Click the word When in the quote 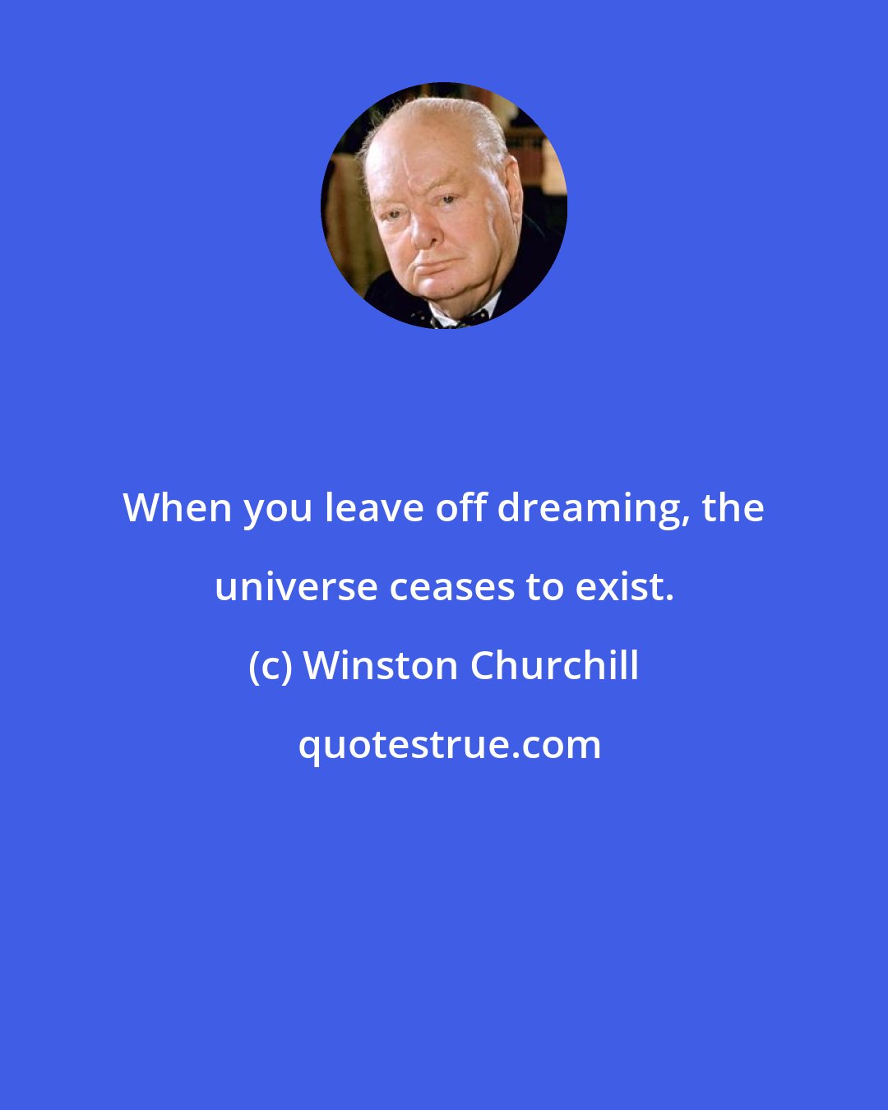(178, 508)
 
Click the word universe (296, 587)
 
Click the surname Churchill (554, 666)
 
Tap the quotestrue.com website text (449, 745)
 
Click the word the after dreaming (733, 508)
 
